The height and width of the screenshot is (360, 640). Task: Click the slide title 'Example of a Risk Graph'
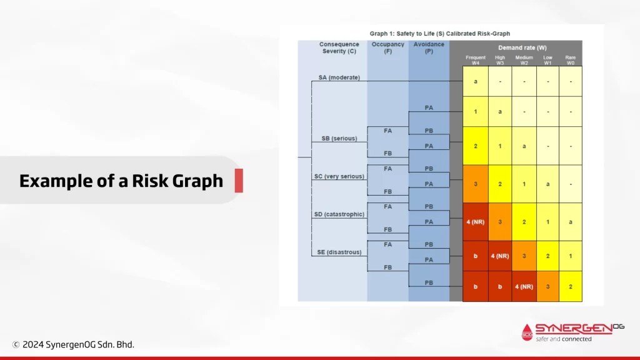pyautogui.click(x=121, y=181)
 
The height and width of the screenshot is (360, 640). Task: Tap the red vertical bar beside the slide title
pyautogui.click(x=239, y=181)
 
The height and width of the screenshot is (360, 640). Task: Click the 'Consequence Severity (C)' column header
pyautogui.click(x=339, y=47)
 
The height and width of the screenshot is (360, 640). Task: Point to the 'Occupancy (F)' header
pyautogui.click(x=387, y=47)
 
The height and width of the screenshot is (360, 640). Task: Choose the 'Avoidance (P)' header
pyautogui.click(x=429, y=47)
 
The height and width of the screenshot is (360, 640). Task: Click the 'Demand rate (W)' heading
pyautogui.click(x=522, y=47)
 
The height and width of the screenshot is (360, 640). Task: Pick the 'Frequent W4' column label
pyautogui.click(x=476, y=61)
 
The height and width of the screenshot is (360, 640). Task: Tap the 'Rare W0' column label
pyautogui.click(x=570, y=61)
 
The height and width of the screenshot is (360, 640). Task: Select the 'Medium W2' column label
pyautogui.click(x=524, y=61)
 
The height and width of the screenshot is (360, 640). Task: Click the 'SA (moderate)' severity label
pyautogui.click(x=339, y=77)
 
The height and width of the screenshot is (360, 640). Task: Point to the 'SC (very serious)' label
pyautogui.click(x=339, y=176)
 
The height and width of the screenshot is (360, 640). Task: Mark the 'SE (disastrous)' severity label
pyautogui.click(x=339, y=252)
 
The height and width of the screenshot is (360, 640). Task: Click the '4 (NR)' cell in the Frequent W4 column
pyautogui.click(x=476, y=222)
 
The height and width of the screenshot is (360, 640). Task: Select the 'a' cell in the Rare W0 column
pyautogui.click(x=571, y=222)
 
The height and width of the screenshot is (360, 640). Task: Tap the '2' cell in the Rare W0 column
pyautogui.click(x=571, y=286)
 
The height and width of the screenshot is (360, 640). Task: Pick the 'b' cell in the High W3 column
pyautogui.click(x=500, y=286)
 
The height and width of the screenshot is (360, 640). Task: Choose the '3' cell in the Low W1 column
pyautogui.click(x=547, y=286)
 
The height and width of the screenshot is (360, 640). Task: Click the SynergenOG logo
pyautogui.click(x=572, y=332)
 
